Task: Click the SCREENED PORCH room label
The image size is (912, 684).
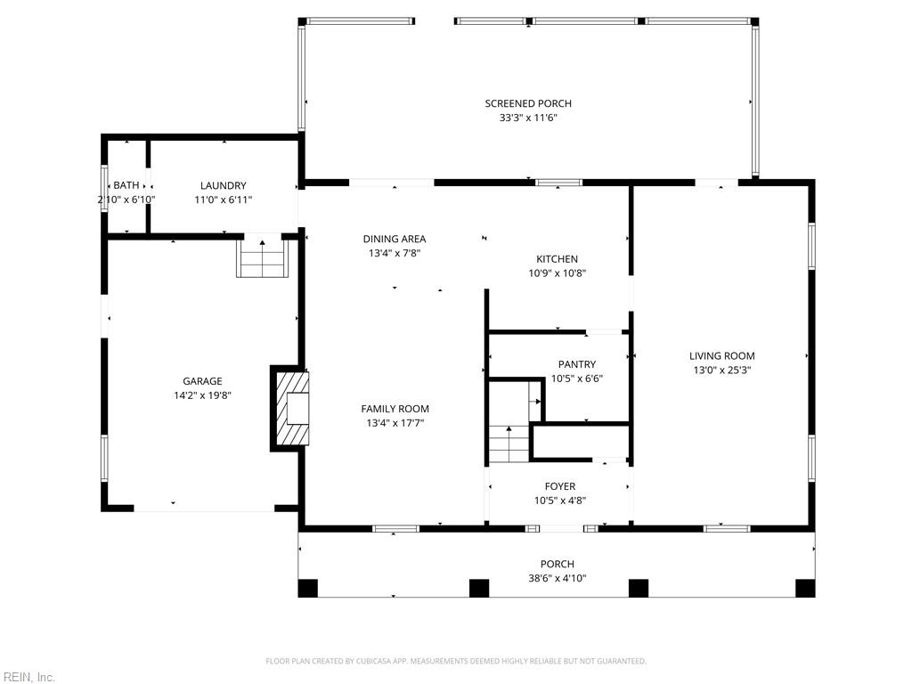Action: click(x=528, y=103)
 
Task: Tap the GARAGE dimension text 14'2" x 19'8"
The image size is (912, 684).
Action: click(x=202, y=395)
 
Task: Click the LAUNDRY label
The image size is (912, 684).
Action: click(x=224, y=185)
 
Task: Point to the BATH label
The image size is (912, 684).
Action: click(x=126, y=185)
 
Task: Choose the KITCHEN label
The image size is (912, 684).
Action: click(x=558, y=259)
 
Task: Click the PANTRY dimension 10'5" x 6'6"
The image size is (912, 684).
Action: click(x=577, y=379)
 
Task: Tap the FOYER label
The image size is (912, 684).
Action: click(x=560, y=486)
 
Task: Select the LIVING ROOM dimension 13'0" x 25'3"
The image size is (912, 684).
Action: click(x=722, y=370)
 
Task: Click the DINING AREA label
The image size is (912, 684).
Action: click(x=395, y=239)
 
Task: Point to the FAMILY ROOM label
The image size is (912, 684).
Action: click(x=395, y=409)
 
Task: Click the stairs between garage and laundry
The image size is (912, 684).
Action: click(x=263, y=257)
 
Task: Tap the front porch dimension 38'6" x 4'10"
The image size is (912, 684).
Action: click(x=558, y=578)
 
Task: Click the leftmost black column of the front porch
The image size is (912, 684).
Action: click(x=307, y=588)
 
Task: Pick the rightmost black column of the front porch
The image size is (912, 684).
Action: click(x=805, y=588)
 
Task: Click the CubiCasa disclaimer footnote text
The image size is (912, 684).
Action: click(x=456, y=662)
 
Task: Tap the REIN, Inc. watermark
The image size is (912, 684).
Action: click(x=28, y=677)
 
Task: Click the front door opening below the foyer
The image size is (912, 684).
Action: click(x=561, y=529)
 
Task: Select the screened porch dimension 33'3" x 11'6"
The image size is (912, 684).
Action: click(x=528, y=118)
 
